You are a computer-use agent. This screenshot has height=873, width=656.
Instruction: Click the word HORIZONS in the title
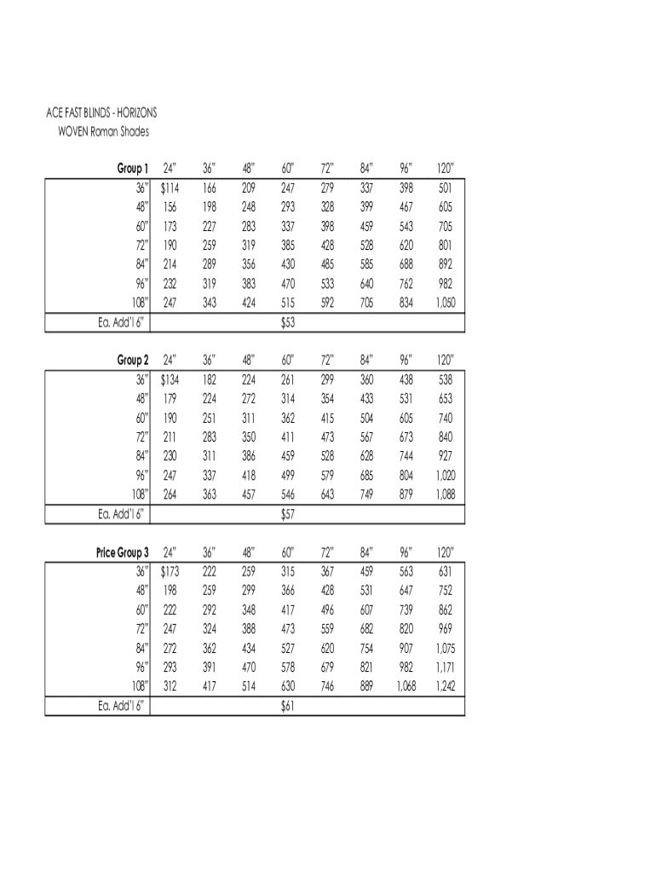click(x=132, y=113)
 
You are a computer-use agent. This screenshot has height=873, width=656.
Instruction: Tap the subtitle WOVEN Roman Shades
click(x=103, y=131)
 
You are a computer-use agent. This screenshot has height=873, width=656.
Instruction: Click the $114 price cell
click(x=169, y=188)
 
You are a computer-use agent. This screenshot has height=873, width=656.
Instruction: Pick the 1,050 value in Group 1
click(x=446, y=303)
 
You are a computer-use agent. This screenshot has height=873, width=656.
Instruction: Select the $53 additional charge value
click(x=287, y=323)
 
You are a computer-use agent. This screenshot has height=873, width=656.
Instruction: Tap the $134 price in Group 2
click(x=169, y=379)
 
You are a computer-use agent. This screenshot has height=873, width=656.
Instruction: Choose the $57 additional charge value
click(x=287, y=515)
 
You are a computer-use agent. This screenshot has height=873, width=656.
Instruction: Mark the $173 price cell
click(x=169, y=572)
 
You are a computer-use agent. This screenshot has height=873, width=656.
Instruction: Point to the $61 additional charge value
click(x=287, y=707)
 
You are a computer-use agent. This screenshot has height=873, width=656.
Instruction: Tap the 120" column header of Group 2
click(x=446, y=361)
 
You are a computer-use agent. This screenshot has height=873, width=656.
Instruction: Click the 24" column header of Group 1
click(x=169, y=168)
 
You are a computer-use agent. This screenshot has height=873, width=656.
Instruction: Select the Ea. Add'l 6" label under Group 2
click(x=119, y=515)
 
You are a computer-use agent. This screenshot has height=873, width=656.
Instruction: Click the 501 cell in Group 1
click(x=446, y=188)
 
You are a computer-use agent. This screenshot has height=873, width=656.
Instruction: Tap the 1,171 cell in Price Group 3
click(x=446, y=668)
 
